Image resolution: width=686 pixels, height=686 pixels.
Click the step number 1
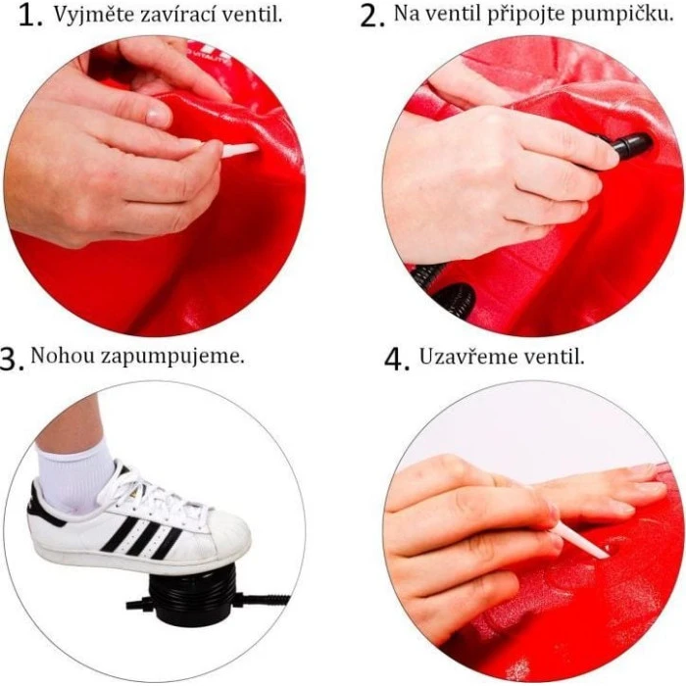pos(29,16)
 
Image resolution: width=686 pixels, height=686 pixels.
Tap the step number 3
pos(11,360)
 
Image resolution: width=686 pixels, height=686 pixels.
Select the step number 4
pos(397,360)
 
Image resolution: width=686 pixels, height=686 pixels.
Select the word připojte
pos(529,16)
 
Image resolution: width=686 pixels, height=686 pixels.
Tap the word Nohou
pos(63,355)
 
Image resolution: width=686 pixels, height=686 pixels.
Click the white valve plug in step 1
pos(239,150)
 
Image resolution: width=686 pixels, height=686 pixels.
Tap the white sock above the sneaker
pos(74,474)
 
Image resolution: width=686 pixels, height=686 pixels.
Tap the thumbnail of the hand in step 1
pos(159,117)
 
